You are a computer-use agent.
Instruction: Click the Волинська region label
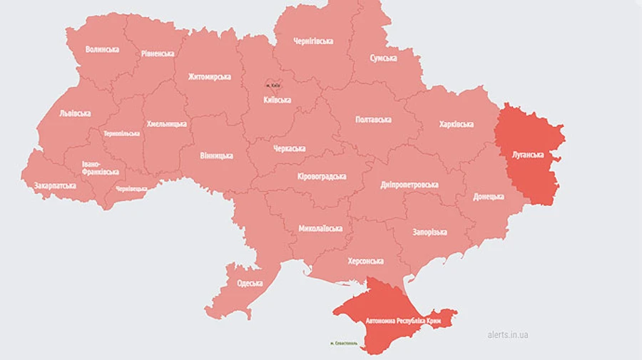(x=102, y=49)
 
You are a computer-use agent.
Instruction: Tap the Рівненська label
(x=157, y=53)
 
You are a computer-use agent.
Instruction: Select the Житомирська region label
(x=209, y=76)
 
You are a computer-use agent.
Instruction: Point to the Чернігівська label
(x=313, y=41)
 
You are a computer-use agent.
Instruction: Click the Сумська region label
(x=383, y=58)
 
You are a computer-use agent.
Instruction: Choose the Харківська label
(x=457, y=124)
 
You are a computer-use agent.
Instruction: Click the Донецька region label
(x=489, y=196)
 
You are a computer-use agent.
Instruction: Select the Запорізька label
(x=429, y=232)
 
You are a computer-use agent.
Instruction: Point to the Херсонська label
(x=365, y=262)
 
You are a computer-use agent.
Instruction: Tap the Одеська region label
(x=250, y=284)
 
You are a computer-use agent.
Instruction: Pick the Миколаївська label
(x=320, y=229)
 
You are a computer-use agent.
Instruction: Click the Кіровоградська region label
(x=322, y=176)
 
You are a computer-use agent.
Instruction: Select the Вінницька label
(x=215, y=155)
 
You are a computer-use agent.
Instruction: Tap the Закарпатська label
(x=55, y=185)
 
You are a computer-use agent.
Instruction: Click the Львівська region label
(x=75, y=113)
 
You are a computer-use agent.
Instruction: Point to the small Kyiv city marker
(x=272, y=83)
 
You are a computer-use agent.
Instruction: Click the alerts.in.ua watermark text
(x=508, y=334)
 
